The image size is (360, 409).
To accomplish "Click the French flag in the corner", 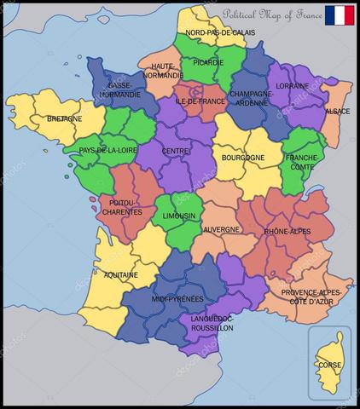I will tap(340, 15).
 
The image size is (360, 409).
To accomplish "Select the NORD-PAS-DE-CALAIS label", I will tap(220, 32).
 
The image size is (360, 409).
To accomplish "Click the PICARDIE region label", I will tap(207, 62).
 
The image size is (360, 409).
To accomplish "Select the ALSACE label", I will tap(337, 112).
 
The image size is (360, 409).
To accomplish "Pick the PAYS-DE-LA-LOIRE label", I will tap(109, 151).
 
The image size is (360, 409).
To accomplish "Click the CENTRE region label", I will tap(175, 152).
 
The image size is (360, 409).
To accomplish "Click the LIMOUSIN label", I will tap(179, 216).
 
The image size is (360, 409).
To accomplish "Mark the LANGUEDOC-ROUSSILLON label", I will tap(212, 323).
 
